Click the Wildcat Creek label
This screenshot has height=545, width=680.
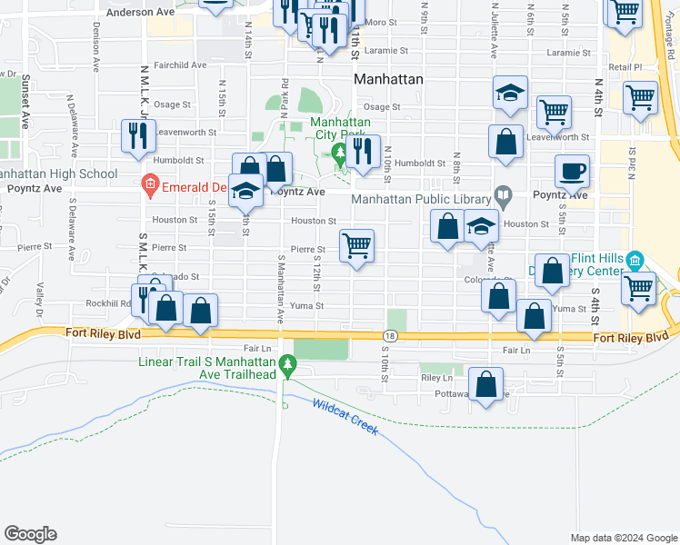345,416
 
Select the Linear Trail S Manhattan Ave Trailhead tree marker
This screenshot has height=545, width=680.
288,365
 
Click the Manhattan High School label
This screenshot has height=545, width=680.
58,173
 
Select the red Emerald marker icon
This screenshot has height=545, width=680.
150,188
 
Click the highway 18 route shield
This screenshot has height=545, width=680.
388,337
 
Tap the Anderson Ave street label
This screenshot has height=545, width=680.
140,14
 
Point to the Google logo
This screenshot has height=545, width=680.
30,534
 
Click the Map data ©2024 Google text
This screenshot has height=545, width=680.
623,538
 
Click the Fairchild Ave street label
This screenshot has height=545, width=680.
180,65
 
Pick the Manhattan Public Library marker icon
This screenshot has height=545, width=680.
502,195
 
